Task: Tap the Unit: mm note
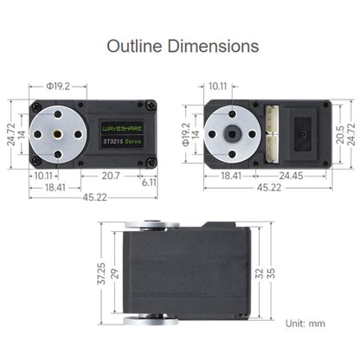click(x=305, y=324)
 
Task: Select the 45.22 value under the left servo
click(x=94, y=196)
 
